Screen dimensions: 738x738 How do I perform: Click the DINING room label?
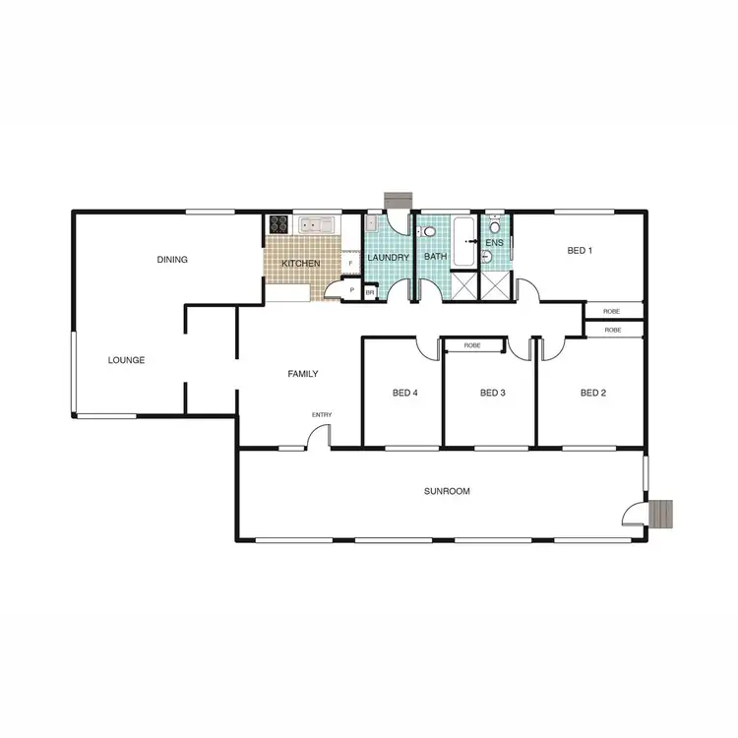click(172, 260)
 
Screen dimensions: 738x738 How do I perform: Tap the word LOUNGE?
click(126, 360)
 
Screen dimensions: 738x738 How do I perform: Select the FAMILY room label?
click(302, 374)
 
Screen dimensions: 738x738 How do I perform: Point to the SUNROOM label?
click(444, 490)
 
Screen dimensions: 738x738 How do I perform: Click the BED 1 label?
click(580, 251)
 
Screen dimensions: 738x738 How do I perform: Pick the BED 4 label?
click(404, 393)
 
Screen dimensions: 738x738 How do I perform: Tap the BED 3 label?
click(492, 393)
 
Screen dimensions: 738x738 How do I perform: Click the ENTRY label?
click(322, 414)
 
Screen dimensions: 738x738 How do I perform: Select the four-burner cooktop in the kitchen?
click(278, 225)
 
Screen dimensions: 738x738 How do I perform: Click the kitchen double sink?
click(318, 225)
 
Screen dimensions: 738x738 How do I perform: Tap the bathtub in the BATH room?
click(463, 240)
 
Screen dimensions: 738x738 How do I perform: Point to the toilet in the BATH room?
click(428, 232)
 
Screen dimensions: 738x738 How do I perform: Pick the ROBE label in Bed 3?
click(472, 345)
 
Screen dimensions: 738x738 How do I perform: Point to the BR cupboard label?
click(370, 292)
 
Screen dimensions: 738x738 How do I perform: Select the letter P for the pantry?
click(352, 291)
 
